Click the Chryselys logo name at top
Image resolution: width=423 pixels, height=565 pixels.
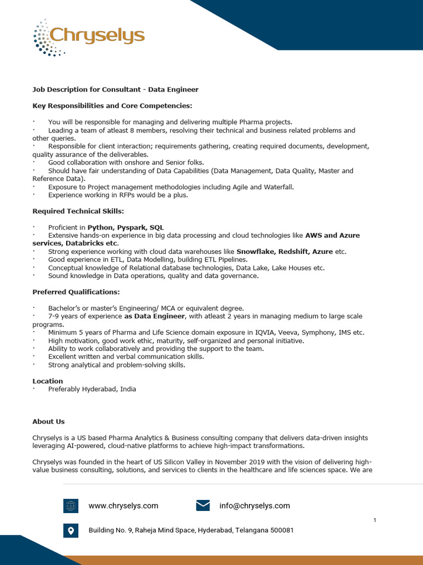tap(97, 36)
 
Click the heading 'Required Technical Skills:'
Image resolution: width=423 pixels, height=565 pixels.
tap(78, 211)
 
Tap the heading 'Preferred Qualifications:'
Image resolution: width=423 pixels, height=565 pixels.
tap(76, 291)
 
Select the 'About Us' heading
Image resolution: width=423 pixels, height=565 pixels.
tap(48, 422)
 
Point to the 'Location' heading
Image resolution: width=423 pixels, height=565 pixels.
tap(48, 381)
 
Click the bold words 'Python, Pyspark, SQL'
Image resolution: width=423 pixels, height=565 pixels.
tap(126, 227)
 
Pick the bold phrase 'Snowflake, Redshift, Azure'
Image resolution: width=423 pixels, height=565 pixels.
tap(284, 252)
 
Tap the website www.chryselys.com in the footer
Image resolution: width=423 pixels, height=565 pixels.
tap(123, 505)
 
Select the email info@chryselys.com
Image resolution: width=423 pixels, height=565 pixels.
tap(254, 505)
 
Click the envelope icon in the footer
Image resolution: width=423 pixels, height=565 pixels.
tap(203, 505)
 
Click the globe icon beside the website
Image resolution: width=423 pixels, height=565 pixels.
tap(70, 505)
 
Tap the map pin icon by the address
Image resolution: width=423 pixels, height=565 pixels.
tap(70, 530)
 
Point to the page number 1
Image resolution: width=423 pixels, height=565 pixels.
tap(375, 520)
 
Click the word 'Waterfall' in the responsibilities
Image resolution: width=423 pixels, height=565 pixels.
tap(278, 187)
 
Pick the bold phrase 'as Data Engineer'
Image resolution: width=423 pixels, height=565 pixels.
tap(154, 316)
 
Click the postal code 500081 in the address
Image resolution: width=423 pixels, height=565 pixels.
tap(282, 530)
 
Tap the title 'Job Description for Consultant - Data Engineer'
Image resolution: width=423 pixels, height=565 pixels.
tap(115, 89)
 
